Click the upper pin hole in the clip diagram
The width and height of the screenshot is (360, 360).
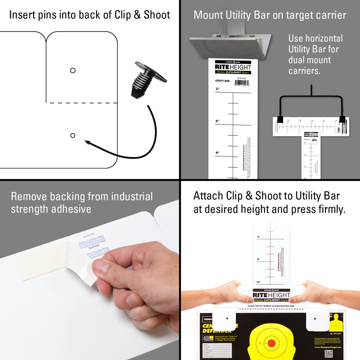73,70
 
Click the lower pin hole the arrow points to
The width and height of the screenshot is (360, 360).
73,135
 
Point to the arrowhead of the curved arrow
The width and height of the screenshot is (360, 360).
87,142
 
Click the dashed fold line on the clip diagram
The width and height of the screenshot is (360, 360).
82,103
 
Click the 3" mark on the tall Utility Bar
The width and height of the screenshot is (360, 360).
217,89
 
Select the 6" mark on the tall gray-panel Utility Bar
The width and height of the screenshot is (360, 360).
218,121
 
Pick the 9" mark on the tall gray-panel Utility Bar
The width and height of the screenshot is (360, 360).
218,153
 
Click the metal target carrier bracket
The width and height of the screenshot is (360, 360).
230,45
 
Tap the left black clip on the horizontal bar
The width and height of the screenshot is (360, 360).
280,119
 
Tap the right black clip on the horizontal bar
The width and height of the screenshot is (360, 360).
342,119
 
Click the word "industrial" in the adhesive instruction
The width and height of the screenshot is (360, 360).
132,196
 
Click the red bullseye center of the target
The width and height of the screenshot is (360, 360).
271,343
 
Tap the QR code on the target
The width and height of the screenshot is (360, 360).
328,353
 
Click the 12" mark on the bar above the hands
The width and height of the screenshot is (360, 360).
258,282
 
